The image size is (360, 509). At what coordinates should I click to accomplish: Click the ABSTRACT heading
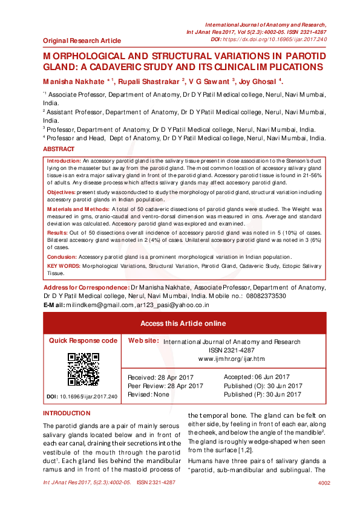[59, 148]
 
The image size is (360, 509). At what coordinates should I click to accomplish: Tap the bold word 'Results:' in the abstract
[57, 233]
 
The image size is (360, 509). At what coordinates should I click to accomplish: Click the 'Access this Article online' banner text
[183, 323]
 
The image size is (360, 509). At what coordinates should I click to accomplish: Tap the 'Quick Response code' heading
[83, 341]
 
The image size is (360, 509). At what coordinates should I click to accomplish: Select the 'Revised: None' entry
[148, 394]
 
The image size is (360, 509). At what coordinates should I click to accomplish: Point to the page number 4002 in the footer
[324, 483]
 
